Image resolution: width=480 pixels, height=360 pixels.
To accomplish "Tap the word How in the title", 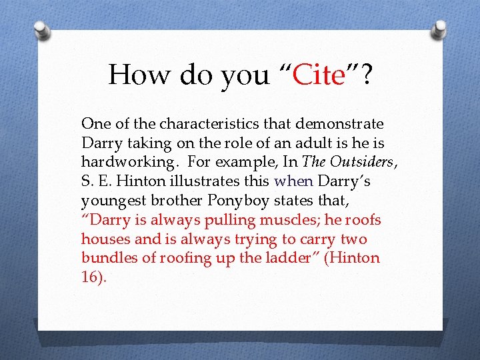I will point(137,74).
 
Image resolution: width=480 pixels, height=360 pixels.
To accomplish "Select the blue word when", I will point(293,181).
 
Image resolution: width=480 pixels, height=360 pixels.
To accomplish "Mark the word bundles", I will point(107,258).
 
